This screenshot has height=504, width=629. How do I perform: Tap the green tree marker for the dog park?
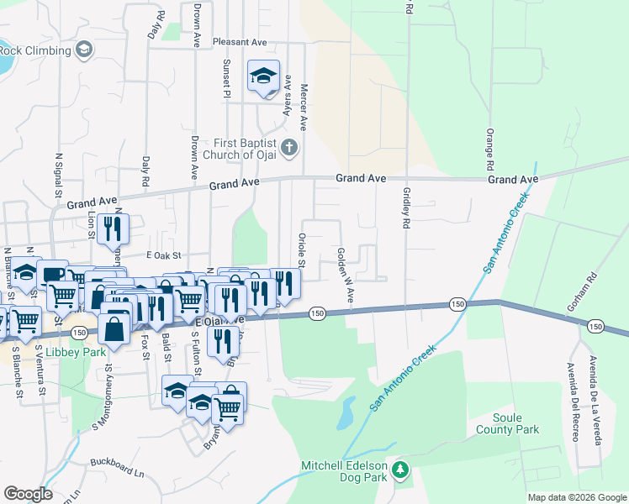tap(401, 470)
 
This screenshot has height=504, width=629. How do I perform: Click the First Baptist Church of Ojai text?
tap(244, 149)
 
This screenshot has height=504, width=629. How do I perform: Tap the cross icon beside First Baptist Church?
tap(288, 149)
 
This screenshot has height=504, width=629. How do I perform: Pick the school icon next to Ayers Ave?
tap(263, 76)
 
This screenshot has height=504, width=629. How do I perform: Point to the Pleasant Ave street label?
tap(240, 42)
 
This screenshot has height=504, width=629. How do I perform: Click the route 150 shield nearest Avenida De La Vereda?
tap(595, 326)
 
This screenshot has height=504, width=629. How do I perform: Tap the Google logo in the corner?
tap(28, 494)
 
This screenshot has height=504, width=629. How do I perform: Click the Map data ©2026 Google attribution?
tap(576, 497)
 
